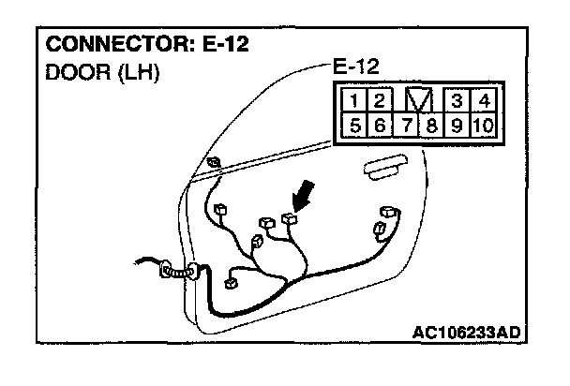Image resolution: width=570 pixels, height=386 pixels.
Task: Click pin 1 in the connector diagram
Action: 351,99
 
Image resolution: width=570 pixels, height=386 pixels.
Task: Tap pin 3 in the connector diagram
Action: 457,99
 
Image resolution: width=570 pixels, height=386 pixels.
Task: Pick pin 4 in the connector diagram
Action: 484,99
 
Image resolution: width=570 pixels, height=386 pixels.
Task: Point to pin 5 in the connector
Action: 351,125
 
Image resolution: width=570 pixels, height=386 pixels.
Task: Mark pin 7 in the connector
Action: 403,125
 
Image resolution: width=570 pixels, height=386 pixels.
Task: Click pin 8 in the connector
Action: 430,125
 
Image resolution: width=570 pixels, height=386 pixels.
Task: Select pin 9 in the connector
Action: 457,125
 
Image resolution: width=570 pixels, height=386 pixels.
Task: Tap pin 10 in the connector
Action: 484,125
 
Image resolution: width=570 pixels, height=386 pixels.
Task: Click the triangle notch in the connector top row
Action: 417,99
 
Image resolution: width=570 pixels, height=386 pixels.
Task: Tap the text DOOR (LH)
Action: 100,72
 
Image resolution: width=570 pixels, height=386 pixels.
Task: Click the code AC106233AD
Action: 466,332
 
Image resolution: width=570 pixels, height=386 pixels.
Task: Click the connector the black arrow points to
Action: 287,220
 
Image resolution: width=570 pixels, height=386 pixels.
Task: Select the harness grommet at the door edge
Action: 176,273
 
